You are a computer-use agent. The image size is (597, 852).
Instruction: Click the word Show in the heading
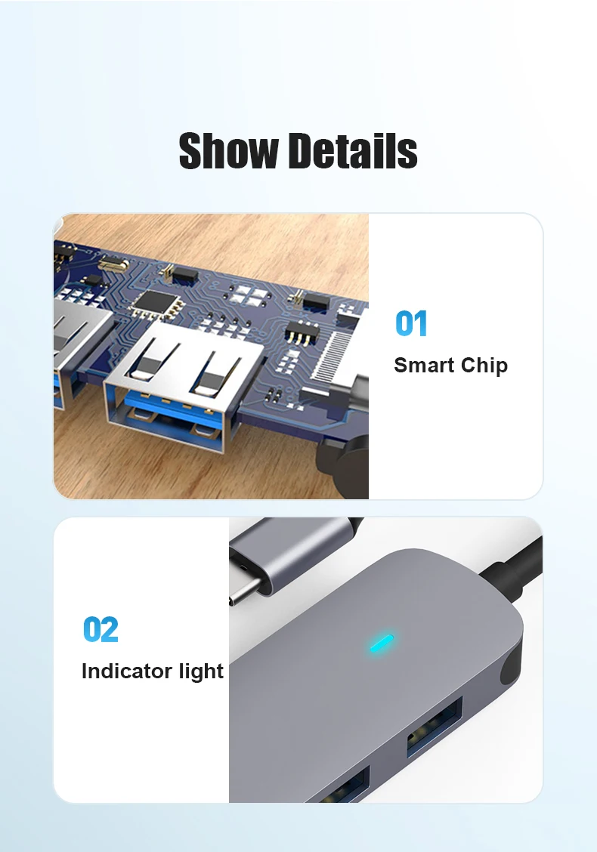click(228, 150)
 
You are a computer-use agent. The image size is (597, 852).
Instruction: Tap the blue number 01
click(411, 323)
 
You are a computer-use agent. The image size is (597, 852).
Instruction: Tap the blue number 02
click(101, 629)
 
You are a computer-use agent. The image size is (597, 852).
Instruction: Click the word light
click(201, 671)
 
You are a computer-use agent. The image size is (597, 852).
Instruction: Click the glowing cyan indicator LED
click(382, 642)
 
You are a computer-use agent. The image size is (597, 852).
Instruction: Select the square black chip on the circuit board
click(158, 303)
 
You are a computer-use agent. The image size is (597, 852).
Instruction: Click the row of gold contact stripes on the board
click(333, 353)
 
